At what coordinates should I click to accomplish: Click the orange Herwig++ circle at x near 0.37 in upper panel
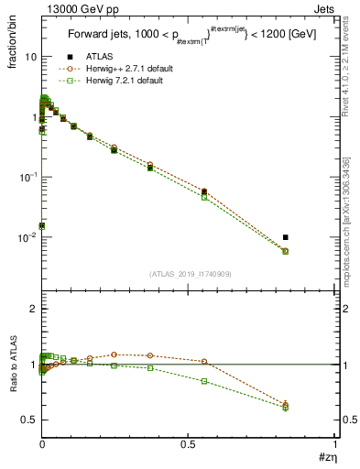click(150, 165)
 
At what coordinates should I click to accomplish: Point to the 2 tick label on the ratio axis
click(31, 310)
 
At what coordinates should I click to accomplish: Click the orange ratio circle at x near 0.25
click(115, 354)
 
